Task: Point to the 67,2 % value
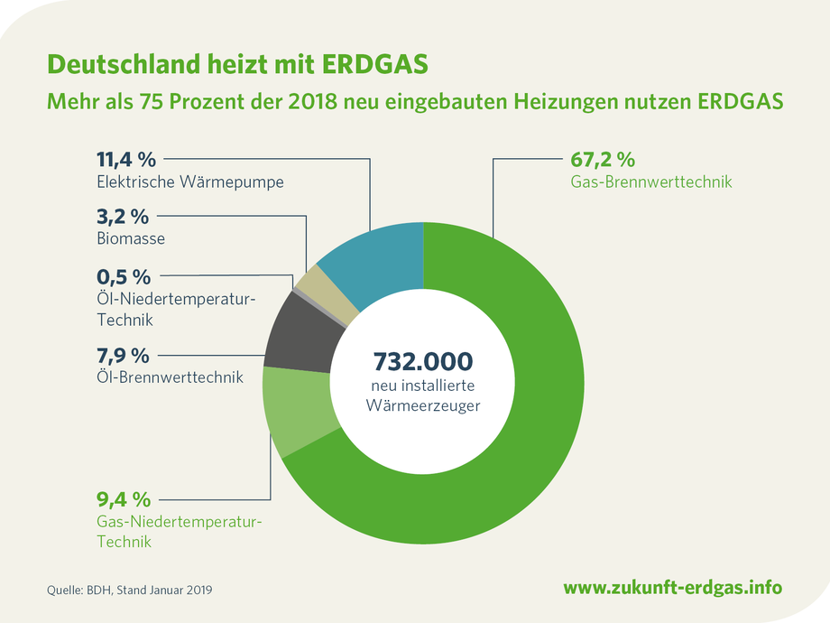603,160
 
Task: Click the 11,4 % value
126,160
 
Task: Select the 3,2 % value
122,218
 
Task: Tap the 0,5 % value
123,276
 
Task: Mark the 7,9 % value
123,354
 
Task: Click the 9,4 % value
124,499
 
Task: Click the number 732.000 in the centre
422,361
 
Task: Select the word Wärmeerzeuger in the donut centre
422,404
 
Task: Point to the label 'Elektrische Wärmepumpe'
190,181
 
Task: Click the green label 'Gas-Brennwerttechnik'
650,181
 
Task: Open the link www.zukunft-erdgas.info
672,588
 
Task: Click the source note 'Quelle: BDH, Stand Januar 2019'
132,590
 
